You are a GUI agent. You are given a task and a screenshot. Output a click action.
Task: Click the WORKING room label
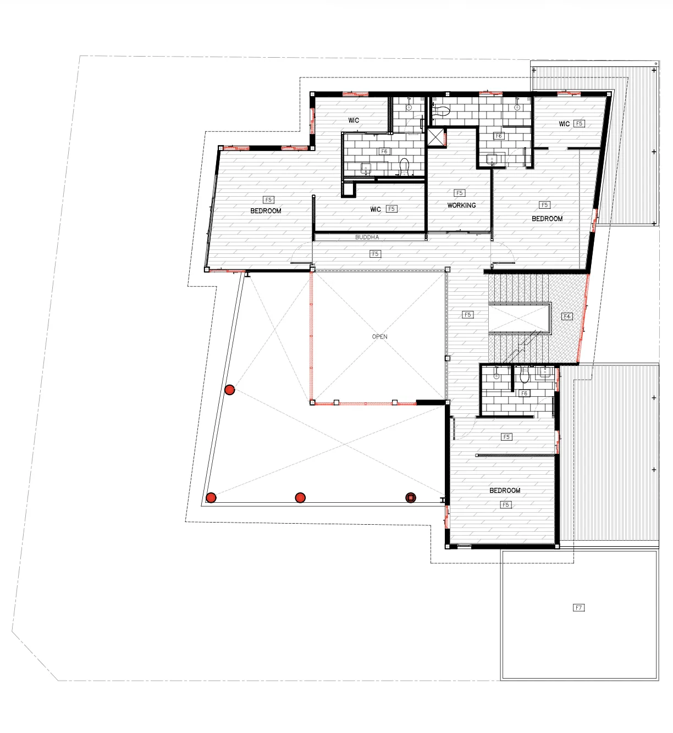coord(461,206)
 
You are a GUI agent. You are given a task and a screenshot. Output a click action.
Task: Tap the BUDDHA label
coord(367,237)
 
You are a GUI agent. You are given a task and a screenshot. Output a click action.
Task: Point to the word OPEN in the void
coord(379,336)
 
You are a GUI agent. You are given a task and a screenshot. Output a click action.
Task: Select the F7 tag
coord(578,608)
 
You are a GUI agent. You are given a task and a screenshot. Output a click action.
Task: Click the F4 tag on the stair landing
coord(566,316)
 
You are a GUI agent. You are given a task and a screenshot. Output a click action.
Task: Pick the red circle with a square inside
coord(411,498)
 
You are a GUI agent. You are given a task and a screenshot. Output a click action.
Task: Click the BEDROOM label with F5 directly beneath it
coord(505,490)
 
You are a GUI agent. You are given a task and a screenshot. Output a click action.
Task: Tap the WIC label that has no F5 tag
coord(354,120)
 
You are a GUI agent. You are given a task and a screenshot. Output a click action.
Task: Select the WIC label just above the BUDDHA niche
coord(376,209)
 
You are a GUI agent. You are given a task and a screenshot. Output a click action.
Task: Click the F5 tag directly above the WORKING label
coord(460,193)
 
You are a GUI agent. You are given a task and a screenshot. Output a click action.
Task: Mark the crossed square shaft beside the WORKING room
coord(435,137)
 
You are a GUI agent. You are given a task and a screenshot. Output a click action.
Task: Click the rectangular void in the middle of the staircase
coord(520,318)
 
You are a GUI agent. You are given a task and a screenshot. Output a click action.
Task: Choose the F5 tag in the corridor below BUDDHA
coord(376,254)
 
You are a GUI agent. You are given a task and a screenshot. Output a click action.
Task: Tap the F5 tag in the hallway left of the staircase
coord(467,315)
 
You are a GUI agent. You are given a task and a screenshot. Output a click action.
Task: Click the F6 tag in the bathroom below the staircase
coord(524,393)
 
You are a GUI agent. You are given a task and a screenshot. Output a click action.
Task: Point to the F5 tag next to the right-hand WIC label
coord(579,124)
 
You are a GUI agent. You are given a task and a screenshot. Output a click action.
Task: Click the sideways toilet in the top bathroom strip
coord(440,110)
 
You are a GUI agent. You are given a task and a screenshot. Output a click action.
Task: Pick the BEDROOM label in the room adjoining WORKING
coord(547,219)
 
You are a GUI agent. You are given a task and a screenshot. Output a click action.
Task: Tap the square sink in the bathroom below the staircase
coord(545,373)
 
